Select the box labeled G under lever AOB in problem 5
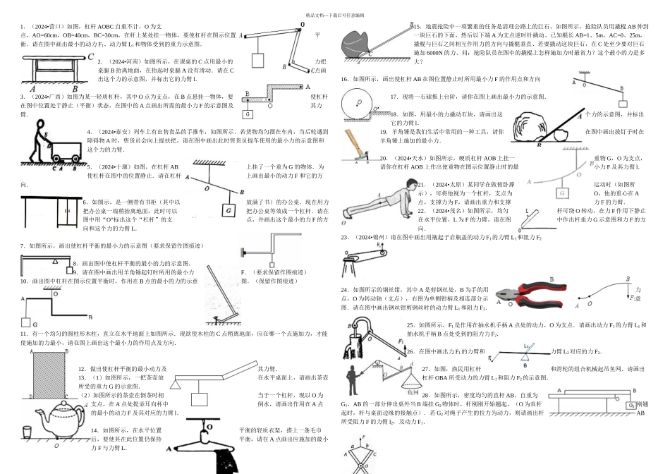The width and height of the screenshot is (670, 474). [229, 210]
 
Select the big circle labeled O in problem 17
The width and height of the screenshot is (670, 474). [358, 107]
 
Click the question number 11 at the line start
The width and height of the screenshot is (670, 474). [23, 332]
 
